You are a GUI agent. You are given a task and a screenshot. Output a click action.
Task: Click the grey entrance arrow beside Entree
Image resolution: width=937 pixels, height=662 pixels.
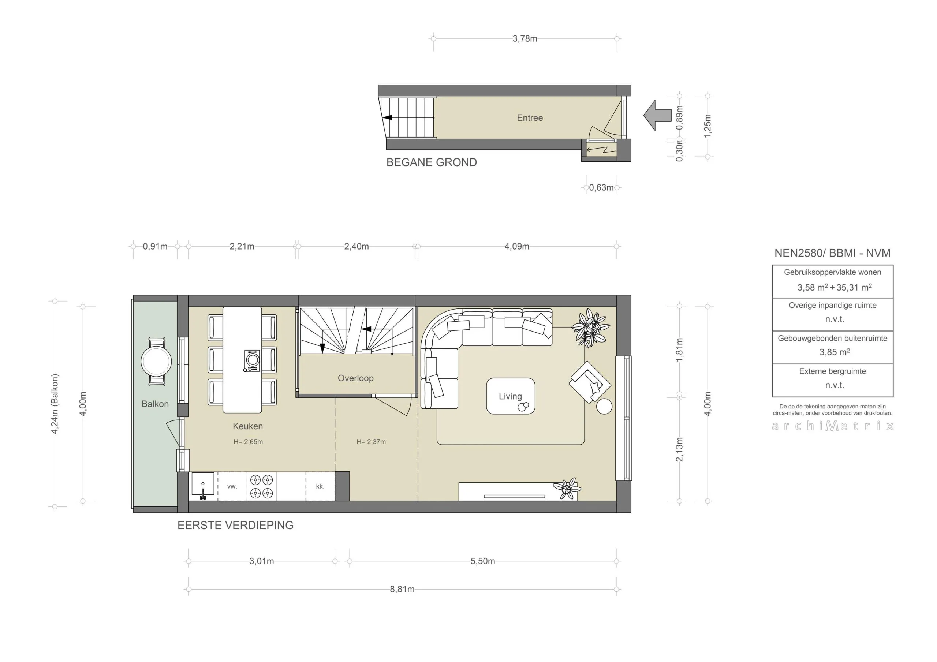658,116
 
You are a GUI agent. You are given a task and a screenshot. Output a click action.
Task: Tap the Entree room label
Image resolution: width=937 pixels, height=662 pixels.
530,118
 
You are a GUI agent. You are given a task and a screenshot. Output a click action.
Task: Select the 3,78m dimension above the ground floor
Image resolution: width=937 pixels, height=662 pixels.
525,39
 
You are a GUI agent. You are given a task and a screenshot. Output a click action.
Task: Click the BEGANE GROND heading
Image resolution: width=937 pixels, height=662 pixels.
432,162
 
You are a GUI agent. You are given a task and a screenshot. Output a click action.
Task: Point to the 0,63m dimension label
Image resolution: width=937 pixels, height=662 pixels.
601,188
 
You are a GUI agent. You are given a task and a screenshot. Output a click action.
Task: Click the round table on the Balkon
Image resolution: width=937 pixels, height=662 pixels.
156,362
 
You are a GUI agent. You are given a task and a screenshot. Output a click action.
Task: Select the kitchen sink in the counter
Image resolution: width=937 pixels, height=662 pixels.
203,486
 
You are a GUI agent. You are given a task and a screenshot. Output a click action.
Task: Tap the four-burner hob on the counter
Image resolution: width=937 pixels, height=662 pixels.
261,486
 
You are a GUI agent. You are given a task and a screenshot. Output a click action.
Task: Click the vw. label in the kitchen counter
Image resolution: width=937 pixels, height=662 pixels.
232,486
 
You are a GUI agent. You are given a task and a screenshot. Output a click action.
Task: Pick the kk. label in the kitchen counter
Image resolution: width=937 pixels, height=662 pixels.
320,486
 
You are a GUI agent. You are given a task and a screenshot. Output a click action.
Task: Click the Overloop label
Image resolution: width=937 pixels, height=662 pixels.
355,378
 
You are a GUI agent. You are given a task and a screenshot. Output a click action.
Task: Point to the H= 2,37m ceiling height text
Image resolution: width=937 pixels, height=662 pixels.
371,442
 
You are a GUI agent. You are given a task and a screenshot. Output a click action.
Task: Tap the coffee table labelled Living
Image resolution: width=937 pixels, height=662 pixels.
510,396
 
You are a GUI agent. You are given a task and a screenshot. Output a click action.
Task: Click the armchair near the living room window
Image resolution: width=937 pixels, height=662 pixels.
590,382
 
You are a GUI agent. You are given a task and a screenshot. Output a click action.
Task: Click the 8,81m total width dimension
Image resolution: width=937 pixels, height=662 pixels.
402,589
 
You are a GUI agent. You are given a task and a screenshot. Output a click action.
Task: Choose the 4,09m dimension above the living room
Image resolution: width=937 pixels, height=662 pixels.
517,247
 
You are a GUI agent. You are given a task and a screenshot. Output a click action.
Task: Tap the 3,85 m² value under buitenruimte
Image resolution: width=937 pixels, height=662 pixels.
834,352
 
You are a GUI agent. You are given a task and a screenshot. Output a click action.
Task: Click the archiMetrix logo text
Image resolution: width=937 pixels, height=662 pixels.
833,426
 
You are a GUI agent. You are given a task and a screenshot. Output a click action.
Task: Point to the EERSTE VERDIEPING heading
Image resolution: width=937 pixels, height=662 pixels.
235,525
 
